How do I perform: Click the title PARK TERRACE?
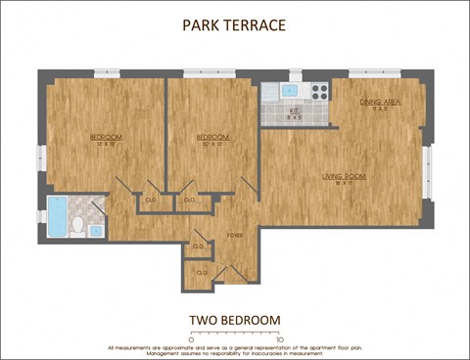click(x=234, y=26)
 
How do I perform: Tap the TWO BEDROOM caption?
click(x=234, y=320)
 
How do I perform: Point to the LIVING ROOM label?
click(x=344, y=177)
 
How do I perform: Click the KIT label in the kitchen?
click(x=293, y=112)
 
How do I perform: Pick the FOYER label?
click(x=235, y=236)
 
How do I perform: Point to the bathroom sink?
click(x=96, y=231)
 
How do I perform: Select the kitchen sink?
click(x=289, y=91)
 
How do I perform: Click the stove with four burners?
click(x=318, y=91)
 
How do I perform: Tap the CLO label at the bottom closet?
click(x=202, y=273)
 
